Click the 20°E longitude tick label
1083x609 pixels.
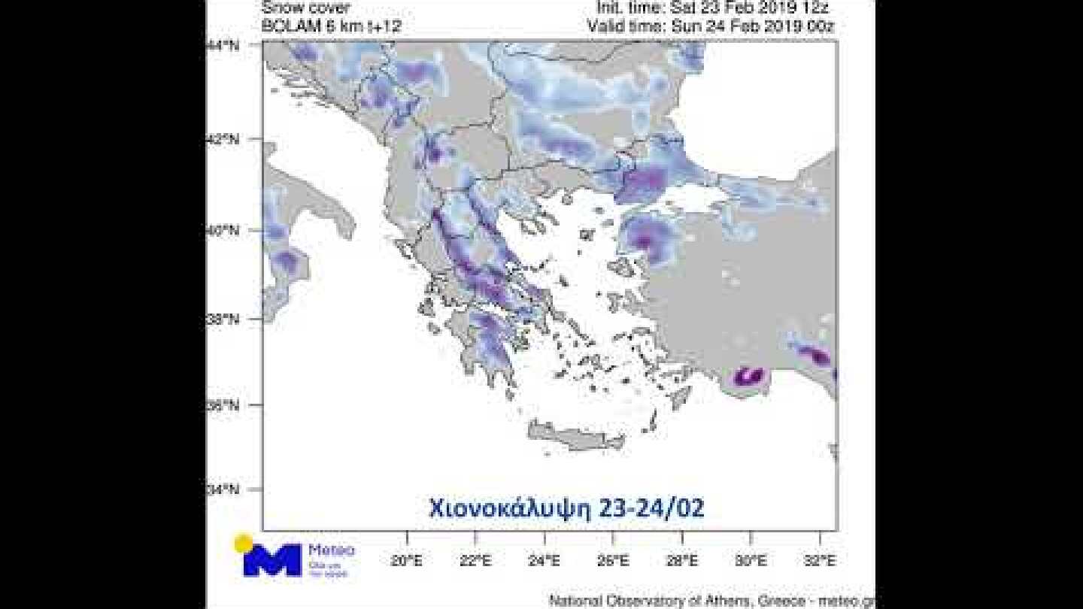407,560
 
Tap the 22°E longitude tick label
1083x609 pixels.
475,560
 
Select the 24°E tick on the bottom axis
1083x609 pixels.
544,560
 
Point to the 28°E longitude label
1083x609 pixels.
681,560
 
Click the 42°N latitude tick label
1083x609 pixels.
223,140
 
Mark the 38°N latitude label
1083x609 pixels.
223,319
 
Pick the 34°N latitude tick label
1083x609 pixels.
223,490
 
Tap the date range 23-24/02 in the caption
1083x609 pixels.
651,508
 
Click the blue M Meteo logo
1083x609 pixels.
272,560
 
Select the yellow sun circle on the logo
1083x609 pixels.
243,543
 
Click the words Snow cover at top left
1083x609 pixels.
305,8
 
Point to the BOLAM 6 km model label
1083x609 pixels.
331,26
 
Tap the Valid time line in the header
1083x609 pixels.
711,26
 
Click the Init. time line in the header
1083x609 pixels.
714,8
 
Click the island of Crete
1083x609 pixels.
575,435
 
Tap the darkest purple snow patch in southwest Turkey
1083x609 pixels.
748,375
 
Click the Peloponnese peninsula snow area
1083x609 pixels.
489,342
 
